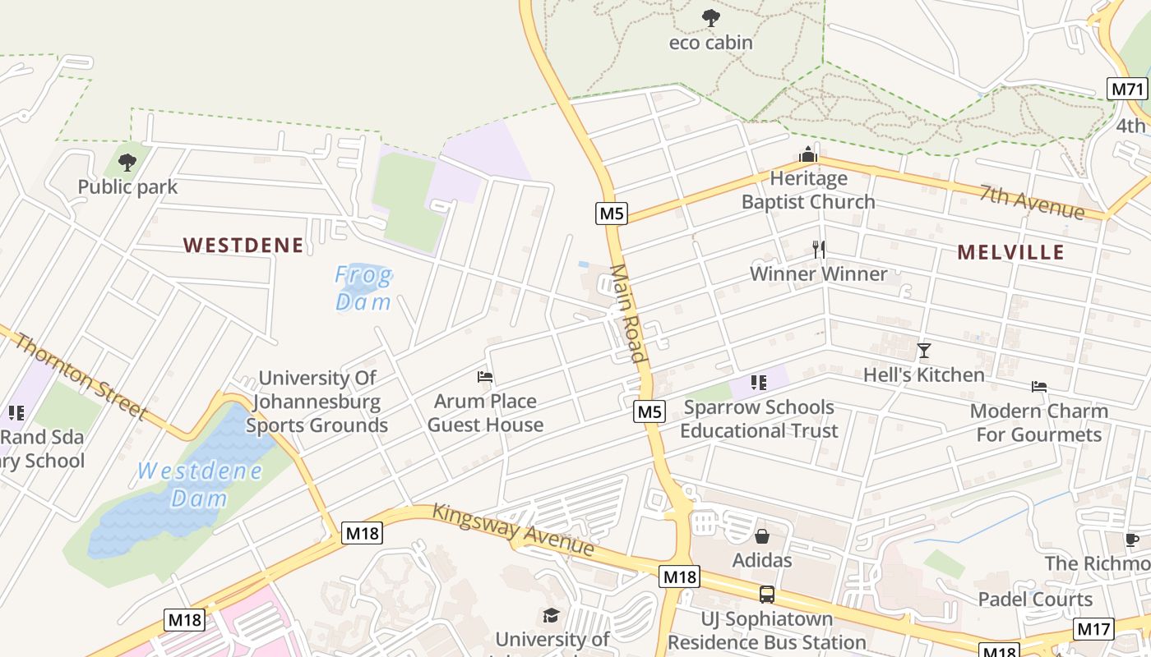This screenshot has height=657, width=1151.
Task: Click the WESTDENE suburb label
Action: pyautogui.click(x=243, y=245)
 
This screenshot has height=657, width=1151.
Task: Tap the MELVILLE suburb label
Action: pyautogui.click(x=1010, y=252)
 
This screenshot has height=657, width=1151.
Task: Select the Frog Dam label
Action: pyautogui.click(x=363, y=288)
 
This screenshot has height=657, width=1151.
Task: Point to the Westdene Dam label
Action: pyautogui.click(x=200, y=485)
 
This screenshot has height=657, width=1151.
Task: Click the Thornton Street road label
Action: pyautogui.click(x=80, y=377)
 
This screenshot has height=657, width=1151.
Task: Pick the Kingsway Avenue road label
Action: pyautogui.click(x=513, y=529)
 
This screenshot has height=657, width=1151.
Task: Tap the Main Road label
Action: pyautogui.click(x=627, y=313)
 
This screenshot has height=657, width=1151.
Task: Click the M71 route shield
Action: pyautogui.click(x=1127, y=89)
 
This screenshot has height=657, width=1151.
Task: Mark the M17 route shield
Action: pyautogui.click(x=1093, y=629)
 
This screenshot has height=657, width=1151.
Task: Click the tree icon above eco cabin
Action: pyautogui.click(x=710, y=17)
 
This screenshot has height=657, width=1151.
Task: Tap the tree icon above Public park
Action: pyautogui.click(x=127, y=162)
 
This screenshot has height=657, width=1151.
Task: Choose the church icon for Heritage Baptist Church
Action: pyautogui.click(x=808, y=154)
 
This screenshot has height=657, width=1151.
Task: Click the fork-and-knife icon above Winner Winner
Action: pyautogui.click(x=818, y=249)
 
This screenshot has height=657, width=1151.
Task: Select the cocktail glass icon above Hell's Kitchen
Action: pyautogui.click(x=924, y=351)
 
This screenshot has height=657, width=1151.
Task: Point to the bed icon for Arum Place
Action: pyautogui.click(x=485, y=377)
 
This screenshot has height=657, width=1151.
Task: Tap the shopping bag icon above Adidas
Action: pyautogui.click(x=762, y=536)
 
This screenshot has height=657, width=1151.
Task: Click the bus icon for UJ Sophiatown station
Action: pyautogui.click(x=766, y=594)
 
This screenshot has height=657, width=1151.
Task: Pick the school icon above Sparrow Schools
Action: pyautogui.click(x=759, y=382)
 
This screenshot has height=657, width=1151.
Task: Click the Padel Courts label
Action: pyautogui.click(x=1035, y=599)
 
